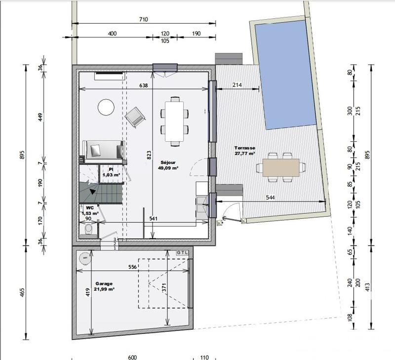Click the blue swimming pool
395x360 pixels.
pos(285,74)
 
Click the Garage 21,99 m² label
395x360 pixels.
pos(104,286)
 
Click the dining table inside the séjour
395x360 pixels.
pos(174,119)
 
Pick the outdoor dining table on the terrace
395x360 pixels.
pos(281,167)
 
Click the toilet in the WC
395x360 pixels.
pos(89,230)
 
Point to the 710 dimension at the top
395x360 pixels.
pos(144,20)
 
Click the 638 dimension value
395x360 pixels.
pos(144,85)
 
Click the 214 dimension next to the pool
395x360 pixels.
pos(237,85)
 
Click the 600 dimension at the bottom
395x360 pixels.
pos(131,357)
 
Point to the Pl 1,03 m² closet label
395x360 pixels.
pos(111,172)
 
